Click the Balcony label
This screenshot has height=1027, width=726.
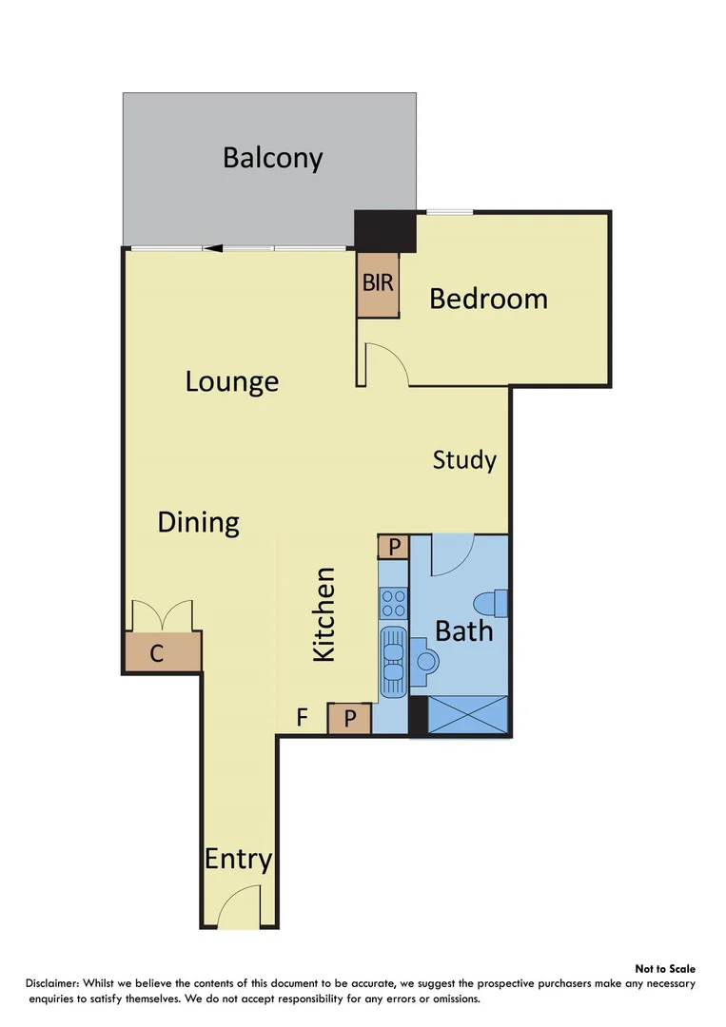272,157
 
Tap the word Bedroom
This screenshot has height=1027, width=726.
488,299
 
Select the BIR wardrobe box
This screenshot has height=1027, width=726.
378,284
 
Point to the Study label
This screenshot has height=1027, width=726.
464,460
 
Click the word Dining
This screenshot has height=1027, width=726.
198,522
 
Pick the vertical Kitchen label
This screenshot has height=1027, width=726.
324,614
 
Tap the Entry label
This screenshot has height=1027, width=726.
238,860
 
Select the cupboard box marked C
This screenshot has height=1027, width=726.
163,653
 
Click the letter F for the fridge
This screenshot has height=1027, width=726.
302,718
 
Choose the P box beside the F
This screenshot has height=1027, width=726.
349,719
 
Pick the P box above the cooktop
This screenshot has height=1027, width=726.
393,547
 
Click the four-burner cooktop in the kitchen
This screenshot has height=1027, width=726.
393,602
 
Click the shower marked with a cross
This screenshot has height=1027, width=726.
468,715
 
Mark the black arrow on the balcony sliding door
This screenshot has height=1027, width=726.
216,249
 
